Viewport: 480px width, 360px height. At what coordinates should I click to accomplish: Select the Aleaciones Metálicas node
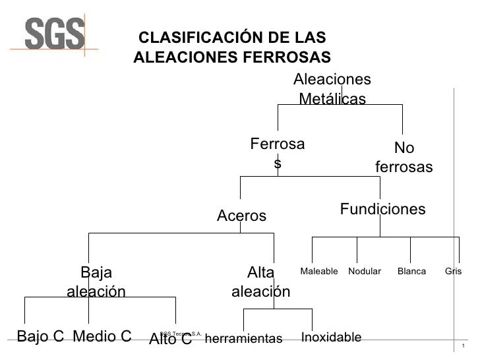tap(332, 90)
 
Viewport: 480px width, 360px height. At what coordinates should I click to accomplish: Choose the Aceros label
tap(241, 216)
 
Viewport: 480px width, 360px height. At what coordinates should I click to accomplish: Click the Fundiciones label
tap(382, 209)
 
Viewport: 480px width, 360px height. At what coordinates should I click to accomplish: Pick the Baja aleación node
tap(96, 282)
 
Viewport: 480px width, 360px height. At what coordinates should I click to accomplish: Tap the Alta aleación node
tap(260, 282)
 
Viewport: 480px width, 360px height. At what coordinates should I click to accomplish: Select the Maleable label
tap(318, 272)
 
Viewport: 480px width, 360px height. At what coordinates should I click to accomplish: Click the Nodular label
tap(365, 272)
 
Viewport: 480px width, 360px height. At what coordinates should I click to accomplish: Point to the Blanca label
tap(412, 272)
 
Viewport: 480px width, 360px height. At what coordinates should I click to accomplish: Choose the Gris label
tap(453, 272)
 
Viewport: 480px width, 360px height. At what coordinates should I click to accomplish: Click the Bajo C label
tap(40, 336)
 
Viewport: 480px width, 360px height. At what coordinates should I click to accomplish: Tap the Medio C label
tap(102, 336)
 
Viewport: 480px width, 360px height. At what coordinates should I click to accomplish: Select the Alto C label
tap(170, 340)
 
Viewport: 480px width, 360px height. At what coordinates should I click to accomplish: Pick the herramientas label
tap(243, 339)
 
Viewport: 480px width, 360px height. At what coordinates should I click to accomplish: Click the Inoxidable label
tap(331, 338)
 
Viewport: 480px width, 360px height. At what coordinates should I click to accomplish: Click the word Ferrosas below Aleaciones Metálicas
tap(277, 152)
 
